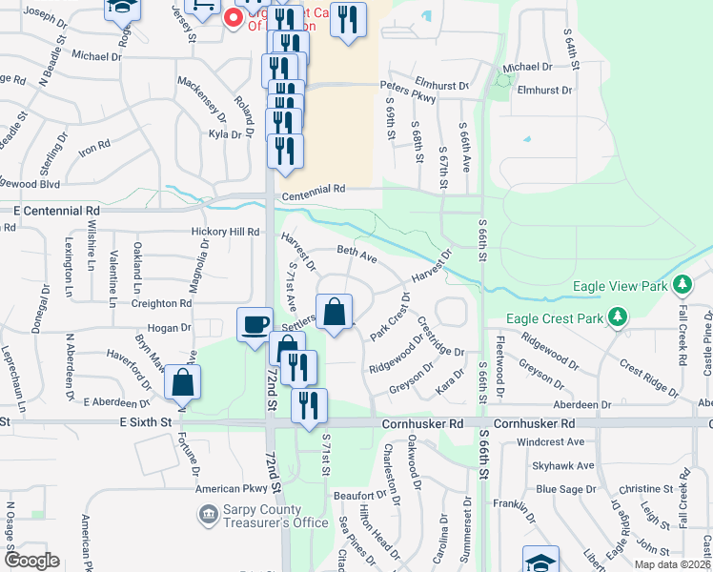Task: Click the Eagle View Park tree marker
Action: (682, 285)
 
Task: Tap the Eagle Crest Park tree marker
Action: (618, 316)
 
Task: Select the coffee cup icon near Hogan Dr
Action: (255, 325)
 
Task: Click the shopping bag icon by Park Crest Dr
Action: (335, 312)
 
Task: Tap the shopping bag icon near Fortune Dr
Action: (182, 383)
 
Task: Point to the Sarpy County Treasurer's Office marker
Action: (207, 515)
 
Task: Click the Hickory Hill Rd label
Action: (225, 232)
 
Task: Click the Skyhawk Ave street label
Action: (563, 466)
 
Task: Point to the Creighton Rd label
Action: (162, 303)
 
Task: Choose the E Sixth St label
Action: (145, 420)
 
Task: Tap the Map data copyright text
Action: (672, 564)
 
